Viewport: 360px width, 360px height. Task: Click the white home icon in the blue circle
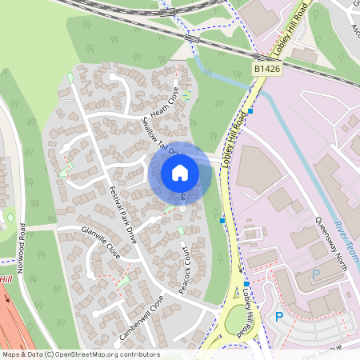180,173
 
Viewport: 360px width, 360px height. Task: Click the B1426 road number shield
268,70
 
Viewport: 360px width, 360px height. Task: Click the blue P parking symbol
279,317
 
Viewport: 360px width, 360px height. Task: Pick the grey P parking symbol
315,274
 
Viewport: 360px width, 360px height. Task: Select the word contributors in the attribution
138,354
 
